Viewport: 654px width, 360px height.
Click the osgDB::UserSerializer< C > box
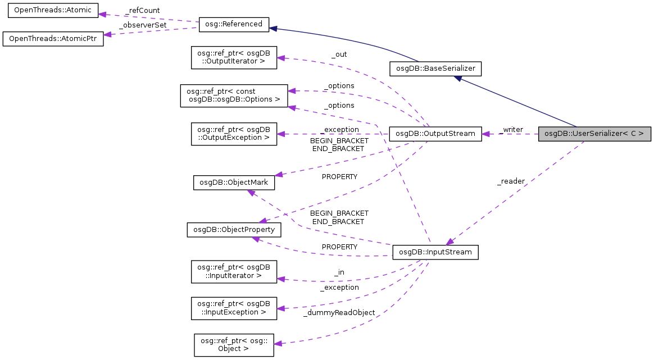[x=594, y=134]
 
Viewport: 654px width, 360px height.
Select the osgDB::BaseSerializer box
[x=435, y=69]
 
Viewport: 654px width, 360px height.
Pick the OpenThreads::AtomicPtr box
[x=53, y=39]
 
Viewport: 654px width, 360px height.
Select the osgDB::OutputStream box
[x=435, y=134]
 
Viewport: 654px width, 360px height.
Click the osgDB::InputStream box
[x=435, y=253]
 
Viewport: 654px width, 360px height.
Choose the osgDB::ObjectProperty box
[x=234, y=230]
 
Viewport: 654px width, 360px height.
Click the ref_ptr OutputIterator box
[x=234, y=57]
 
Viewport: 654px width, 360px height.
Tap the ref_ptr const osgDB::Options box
[x=234, y=96]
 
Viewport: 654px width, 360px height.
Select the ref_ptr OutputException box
[x=234, y=134]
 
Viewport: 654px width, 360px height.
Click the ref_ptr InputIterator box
[x=234, y=271]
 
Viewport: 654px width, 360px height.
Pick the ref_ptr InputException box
[x=234, y=308]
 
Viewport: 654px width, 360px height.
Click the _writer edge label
[x=511, y=130]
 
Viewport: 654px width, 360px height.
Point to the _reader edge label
[x=511, y=181]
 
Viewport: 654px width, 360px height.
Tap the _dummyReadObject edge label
[x=339, y=312]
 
